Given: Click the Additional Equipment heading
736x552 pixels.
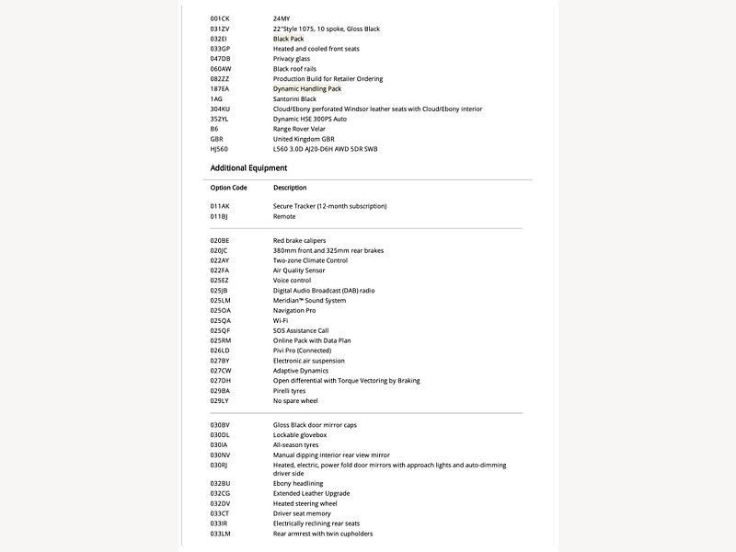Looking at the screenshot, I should click(x=248, y=168).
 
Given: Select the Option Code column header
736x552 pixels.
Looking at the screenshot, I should click(x=228, y=188).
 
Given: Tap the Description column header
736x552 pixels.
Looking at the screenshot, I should click(x=290, y=188).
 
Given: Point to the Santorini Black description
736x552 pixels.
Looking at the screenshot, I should click(x=294, y=98).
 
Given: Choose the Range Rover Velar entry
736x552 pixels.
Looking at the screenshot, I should click(x=300, y=129).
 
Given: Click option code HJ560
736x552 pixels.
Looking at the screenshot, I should click(x=219, y=149).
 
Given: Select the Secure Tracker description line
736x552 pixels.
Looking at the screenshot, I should click(x=329, y=206).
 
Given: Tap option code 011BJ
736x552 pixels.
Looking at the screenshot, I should click(x=219, y=216).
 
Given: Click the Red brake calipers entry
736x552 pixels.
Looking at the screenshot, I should click(x=299, y=240).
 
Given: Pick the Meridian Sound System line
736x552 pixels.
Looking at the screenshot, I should click(x=309, y=301).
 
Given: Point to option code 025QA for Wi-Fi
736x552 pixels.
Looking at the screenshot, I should click(x=221, y=320).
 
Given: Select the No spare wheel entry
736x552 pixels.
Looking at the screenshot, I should click(x=295, y=401).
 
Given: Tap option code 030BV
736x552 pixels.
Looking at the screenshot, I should click(x=221, y=425).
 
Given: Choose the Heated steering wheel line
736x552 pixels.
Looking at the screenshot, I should click(x=305, y=503).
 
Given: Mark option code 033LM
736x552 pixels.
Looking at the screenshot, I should click(x=221, y=534).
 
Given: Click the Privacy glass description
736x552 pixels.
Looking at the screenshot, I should click(x=293, y=58).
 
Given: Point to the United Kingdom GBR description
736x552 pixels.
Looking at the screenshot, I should click(x=304, y=139).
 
